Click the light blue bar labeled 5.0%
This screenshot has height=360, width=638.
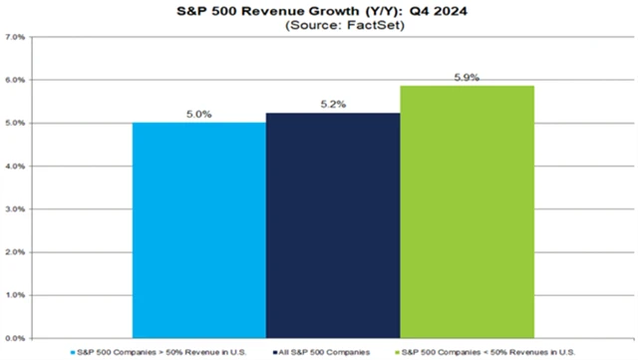[x=198, y=230]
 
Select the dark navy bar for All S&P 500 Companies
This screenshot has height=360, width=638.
[x=332, y=225]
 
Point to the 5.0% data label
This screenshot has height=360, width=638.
[x=198, y=115]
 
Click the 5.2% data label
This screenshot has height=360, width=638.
[x=332, y=104]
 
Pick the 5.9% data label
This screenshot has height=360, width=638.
[x=467, y=75]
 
